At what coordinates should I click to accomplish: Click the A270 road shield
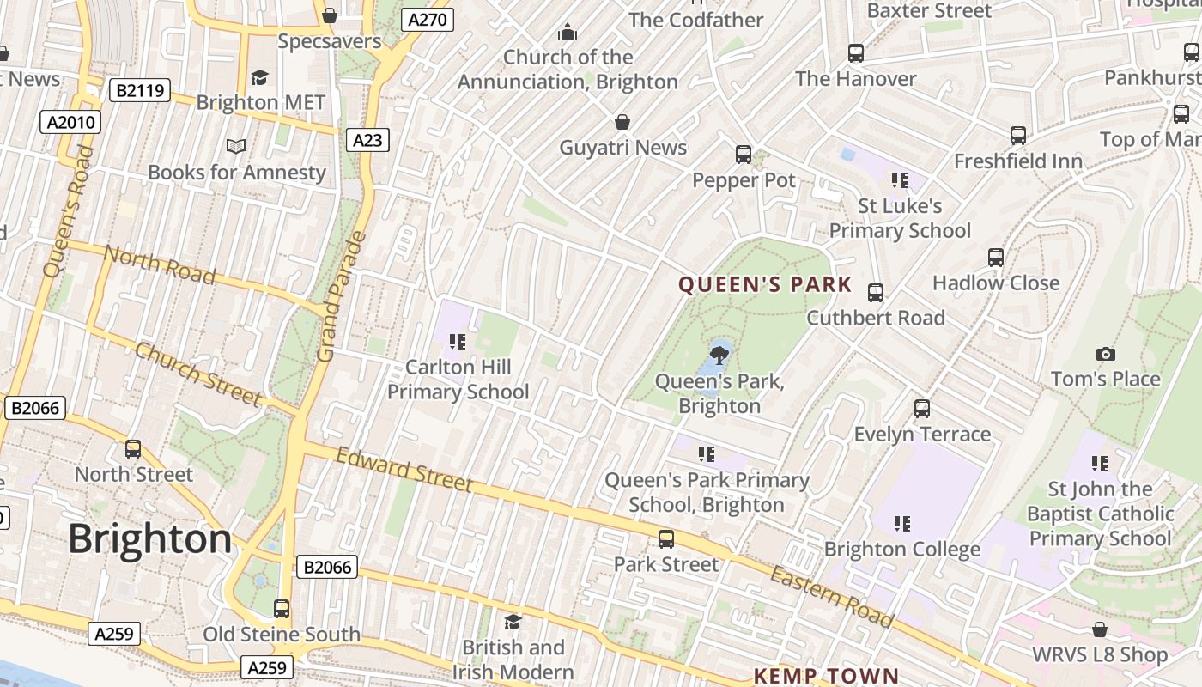click(x=428, y=20)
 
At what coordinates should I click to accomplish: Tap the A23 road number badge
click(x=367, y=140)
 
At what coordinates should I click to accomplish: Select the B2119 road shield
click(x=140, y=90)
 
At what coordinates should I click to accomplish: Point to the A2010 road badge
click(x=70, y=122)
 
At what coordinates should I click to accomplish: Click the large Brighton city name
click(x=150, y=539)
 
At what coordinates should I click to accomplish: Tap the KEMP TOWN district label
click(x=826, y=676)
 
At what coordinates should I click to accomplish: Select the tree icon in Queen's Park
click(x=719, y=353)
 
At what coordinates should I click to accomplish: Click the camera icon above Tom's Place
click(x=1106, y=354)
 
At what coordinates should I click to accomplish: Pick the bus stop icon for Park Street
click(x=666, y=539)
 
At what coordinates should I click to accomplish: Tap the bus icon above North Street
click(x=133, y=449)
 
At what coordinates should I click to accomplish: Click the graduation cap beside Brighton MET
click(x=259, y=78)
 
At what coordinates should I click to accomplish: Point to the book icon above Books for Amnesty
click(x=236, y=147)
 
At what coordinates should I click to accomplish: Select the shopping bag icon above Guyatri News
click(x=622, y=122)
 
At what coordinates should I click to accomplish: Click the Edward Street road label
click(x=404, y=470)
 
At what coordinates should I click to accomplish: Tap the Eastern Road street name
click(x=831, y=596)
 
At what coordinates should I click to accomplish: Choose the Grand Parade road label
click(x=342, y=296)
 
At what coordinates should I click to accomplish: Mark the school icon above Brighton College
click(x=901, y=523)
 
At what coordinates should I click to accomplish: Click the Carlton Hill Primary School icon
click(x=458, y=342)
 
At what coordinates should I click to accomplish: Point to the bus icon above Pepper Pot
click(x=744, y=155)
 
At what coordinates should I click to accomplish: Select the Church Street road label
click(x=197, y=374)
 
